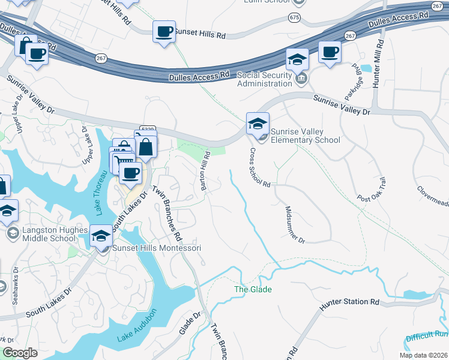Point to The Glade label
253,290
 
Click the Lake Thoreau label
100,192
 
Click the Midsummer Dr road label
295,224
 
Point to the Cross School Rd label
261,168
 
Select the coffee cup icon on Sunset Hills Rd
163,32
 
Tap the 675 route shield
294,17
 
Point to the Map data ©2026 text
423,355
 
